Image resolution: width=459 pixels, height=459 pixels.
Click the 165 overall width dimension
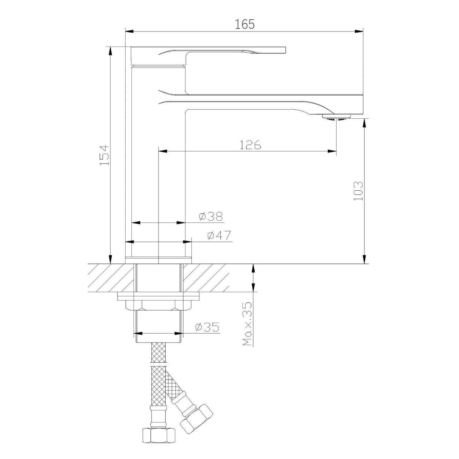click(x=245, y=24)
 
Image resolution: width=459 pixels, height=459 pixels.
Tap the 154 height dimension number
click(x=104, y=155)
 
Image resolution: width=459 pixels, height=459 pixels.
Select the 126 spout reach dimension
click(x=250, y=145)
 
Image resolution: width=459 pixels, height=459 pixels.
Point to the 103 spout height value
click(x=358, y=191)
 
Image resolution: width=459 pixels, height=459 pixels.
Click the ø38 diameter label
click(x=211, y=216)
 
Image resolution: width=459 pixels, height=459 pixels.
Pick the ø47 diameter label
click(x=219, y=236)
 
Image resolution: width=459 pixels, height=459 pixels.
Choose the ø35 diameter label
click(x=207, y=327)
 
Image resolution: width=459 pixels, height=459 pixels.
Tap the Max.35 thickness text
click(x=247, y=324)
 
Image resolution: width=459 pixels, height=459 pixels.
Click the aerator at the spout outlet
click(x=336, y=118)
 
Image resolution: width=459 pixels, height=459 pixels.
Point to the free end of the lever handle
click(x=285, y=50)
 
